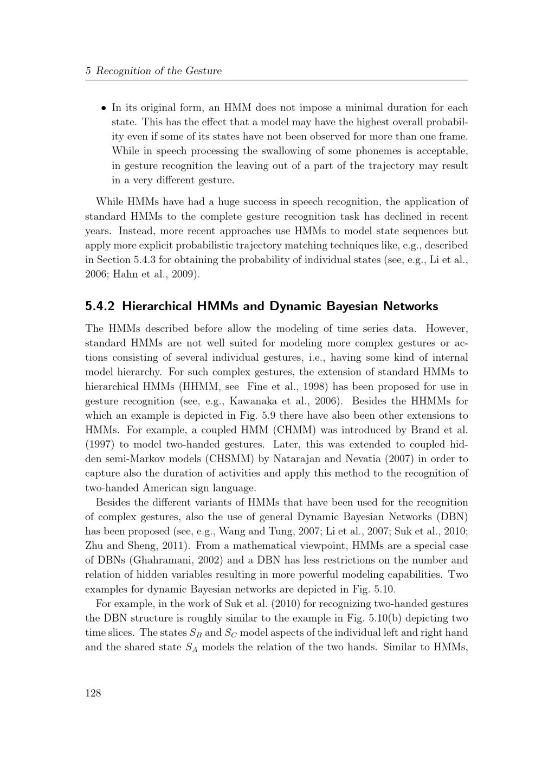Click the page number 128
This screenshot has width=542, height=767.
[x=93, y=693]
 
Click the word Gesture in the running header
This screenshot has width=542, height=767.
[x=204, y=71]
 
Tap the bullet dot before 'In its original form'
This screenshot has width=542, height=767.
[x=103, y=108]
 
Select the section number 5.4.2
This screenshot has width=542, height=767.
[x=100, y=306]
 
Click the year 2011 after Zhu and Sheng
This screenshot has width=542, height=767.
[x=169, y=546]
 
